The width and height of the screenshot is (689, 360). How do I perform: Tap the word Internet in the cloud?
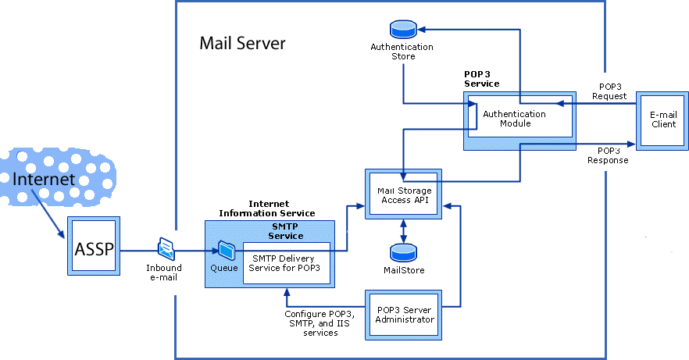click(44, 180)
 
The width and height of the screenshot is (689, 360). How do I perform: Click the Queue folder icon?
click(227, 250)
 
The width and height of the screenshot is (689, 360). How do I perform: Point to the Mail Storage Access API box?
click(403, 194)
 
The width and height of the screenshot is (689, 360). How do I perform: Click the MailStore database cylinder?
click(403, 253)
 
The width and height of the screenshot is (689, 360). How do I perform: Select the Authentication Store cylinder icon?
click(403, 30)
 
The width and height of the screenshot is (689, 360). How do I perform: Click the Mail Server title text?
click(242, 43)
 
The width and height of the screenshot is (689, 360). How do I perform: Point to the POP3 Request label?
click(612, 91)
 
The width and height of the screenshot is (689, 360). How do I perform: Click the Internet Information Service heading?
click(266, 209)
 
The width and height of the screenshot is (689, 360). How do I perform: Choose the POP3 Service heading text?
click(481, 79)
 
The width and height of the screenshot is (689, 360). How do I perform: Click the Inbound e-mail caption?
click(164, 273)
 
